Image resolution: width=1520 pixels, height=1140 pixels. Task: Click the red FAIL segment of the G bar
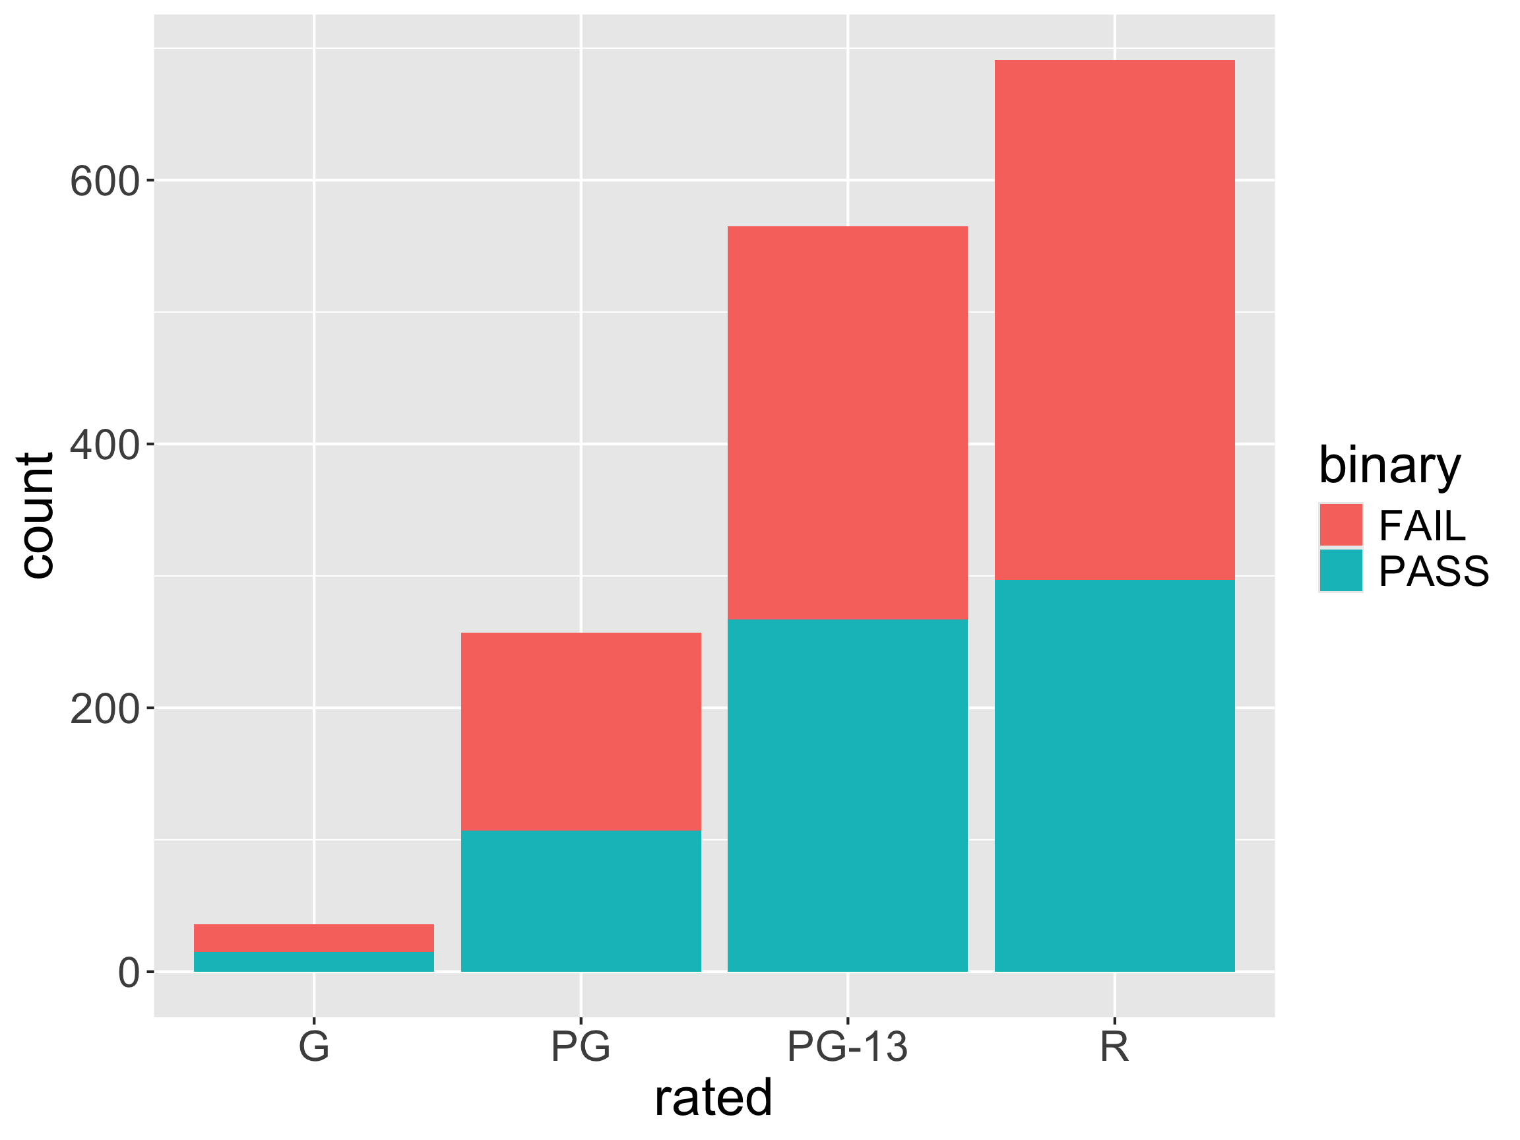pyautogui.click(x=314, y=938)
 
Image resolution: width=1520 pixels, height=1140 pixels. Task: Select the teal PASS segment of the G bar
pyautogui.click(x=314, y=961)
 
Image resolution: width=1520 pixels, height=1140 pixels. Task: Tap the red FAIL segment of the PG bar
pyautogui.click(x=581, y=731)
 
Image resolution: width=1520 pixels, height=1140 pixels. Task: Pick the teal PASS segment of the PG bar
pyautogui.click(x=581, y=901)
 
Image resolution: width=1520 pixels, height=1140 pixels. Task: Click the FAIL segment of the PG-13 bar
pyautogui.click(x=847, y=423)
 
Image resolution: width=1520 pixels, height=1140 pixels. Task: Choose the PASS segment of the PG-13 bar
pyautogui.click(x=847, y=795)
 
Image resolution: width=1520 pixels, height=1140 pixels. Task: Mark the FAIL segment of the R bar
pyautogui.click(x=1114, y=319)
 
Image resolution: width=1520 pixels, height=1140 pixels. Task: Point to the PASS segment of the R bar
pyautogui.click(x=1114, y=775)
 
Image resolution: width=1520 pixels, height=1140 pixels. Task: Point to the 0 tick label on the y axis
pyautogui.click(x=129, y=973)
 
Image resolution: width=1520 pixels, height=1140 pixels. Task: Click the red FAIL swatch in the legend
pyautogui.click(x=1341, y=525)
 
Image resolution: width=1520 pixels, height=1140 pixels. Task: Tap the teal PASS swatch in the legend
pyautogui.click(x=1341, y=571)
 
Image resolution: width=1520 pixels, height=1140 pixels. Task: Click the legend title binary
pyautogui.click(x=1389, y=466)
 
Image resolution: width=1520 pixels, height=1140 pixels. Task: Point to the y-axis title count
pyautogui.click(x=36, y=515)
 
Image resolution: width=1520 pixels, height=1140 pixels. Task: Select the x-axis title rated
pyautogui.click(x=713, y=1098)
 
